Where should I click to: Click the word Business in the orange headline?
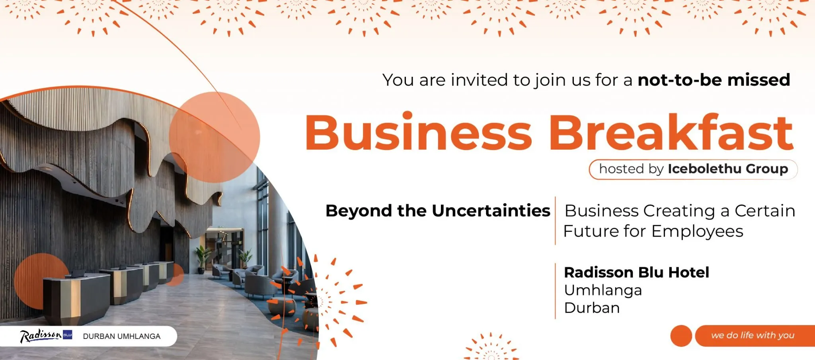click(x=418, y=132)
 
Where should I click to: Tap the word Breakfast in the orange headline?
click(x=671, y=132)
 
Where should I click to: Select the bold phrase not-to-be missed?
click(x=714, y=80)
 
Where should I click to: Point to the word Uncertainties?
click(x=491, y=211)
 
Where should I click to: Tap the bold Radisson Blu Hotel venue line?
click(x=636, y=272)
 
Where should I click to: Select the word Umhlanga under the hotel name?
click(x=603, y=290)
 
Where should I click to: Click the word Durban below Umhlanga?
click(x=592, y=308)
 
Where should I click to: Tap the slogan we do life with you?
click(x=753, y=335)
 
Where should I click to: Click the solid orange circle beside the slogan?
click(x=681, y=336)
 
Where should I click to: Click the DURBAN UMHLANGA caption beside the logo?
click(x=122, y=336)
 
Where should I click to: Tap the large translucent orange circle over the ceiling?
click(x=214, y=137)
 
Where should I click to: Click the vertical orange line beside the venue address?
click(x=555, y=291)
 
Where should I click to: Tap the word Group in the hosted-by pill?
click(x=767, y=169)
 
